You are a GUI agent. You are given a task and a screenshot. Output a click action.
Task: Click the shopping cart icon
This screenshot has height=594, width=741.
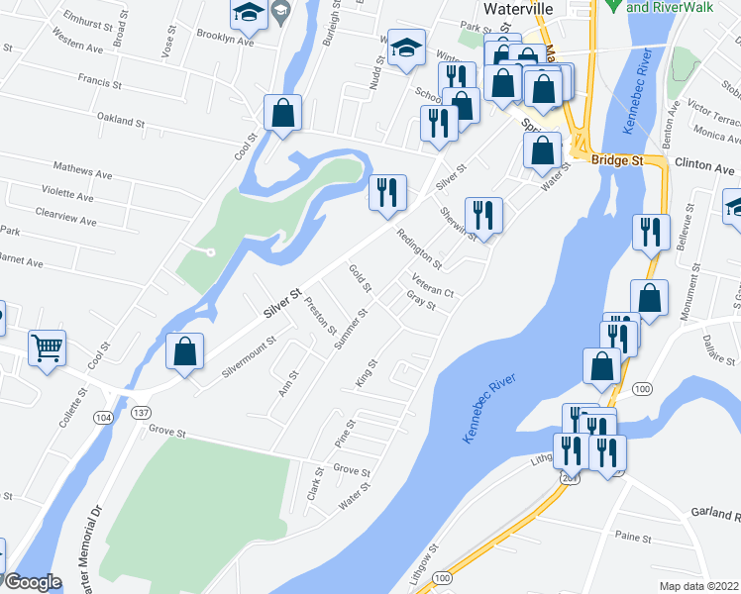47,347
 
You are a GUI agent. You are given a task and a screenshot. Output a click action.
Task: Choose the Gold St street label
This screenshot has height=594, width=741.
360,278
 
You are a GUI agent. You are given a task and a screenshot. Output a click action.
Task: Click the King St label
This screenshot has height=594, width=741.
367,373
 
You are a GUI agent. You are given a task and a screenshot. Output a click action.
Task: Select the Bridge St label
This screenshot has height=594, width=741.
617,159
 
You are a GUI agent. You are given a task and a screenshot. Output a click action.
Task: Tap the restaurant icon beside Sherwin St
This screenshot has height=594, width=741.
483,214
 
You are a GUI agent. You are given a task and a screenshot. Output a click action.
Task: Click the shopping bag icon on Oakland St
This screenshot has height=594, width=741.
282,113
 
